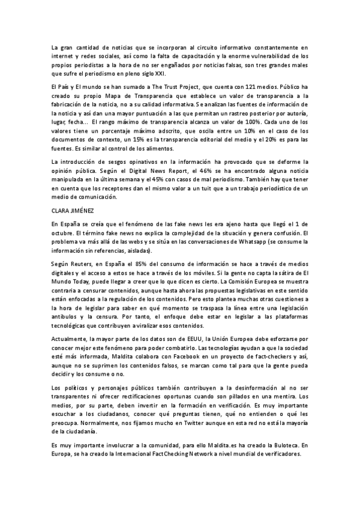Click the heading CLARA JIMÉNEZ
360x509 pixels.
(71, 210)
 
